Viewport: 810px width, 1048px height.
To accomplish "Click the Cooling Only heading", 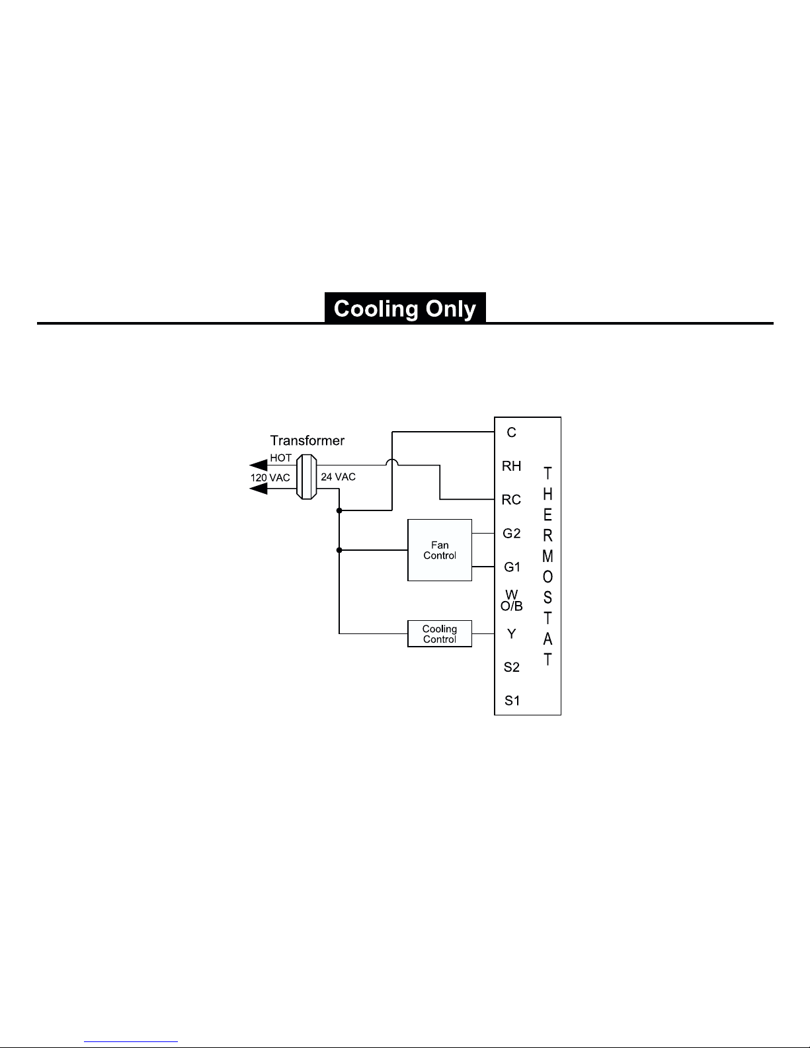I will (x=405, y=309).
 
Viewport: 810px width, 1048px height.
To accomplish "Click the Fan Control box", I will (x=440, y=550).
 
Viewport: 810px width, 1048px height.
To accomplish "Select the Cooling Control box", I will (x=440, y=634).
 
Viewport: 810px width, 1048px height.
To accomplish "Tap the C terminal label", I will (x=511, y=432).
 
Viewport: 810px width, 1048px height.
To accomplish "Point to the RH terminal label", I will (x=511, y=466).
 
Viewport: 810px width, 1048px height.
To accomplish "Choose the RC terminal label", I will (x=511, y=500).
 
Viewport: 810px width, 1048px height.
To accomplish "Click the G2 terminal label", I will (x=512, y=534).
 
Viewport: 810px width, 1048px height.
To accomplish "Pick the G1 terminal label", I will (x=512, y=567).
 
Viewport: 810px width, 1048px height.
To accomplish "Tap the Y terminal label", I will (x=511, y=634).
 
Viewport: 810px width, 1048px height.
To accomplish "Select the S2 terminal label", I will (x=512, y=667).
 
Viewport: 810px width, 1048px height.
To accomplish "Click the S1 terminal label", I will (x=512, y=701).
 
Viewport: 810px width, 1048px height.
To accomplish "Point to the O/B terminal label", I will (x=512, y=606).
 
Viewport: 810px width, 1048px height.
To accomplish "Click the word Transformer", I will (x=307, y=440).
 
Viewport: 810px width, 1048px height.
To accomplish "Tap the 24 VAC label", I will (x=338, y=477).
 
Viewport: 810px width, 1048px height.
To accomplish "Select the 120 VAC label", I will (x=270, y=477).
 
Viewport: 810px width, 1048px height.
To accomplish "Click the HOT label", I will (x=280, y=458).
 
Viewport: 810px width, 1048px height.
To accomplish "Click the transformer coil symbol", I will (x=306, y=477).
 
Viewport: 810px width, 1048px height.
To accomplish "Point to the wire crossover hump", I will (x=392, y=464).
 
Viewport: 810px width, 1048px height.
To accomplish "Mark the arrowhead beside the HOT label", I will (x=259, y=465).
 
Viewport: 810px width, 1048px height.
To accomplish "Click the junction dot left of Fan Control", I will (x=339, y=550).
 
